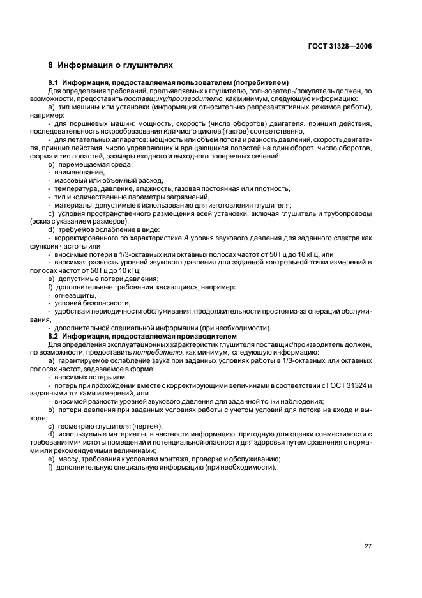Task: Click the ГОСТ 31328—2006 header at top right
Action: click(340, 45)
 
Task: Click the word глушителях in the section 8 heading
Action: click(146, 65)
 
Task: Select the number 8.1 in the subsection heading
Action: click(54, 83)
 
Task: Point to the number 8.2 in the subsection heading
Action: click(54, 335)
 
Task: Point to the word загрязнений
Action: click(170, 197)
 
